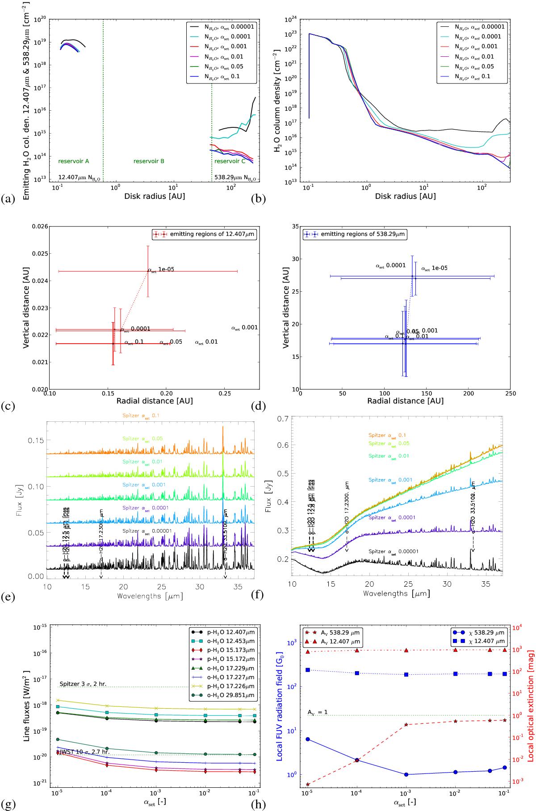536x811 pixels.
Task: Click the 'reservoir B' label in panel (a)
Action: [149, 161]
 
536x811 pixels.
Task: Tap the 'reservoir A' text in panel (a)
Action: [74, 161]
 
